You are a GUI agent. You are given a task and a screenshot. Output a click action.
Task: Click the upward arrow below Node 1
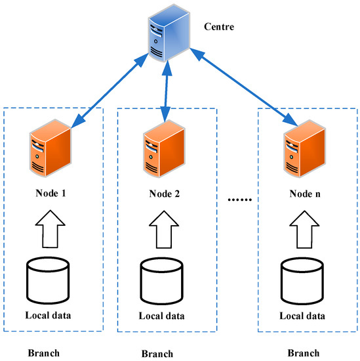[x=50, y=227]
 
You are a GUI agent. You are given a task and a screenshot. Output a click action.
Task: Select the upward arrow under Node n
[x=304, y=227]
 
